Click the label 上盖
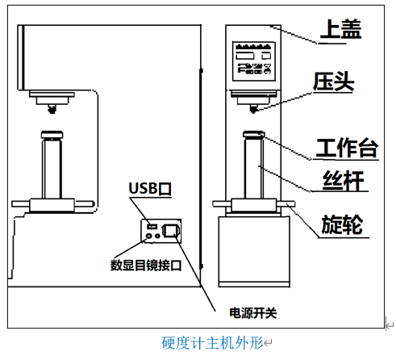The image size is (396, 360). (340, 29)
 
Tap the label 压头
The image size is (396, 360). (334, 82)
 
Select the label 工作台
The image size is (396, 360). (347, 148)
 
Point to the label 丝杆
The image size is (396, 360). (344, 180)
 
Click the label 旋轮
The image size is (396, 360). (342, 224)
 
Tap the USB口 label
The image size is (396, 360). (150, 188)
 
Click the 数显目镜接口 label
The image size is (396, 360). (146, 266)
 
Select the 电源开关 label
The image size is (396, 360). (253, 313)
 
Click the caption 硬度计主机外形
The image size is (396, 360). (212, 343)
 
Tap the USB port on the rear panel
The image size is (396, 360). (152, 226)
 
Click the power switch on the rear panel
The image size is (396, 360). (170, 231)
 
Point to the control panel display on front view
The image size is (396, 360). (254, 61)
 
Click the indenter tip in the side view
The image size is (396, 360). (52, 109)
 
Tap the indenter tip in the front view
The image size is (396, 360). (253, 109)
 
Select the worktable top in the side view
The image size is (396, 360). (52, 134)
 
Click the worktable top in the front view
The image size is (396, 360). (254, 134)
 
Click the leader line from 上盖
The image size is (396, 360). (294, 35)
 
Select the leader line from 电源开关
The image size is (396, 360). (194, 273)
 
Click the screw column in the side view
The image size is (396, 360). (52, 169)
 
